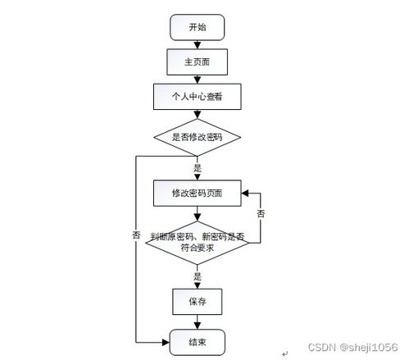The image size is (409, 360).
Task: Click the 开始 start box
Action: coord(197,27)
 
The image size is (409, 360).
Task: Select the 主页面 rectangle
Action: coord(197,62)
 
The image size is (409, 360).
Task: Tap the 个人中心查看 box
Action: coord(197,97)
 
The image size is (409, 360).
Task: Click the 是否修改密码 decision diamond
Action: coord(197,137)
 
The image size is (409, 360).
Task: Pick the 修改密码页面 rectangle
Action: coord(197,193)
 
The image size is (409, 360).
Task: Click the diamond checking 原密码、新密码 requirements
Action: coord(197,243)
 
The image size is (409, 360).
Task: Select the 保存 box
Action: coord(197,302)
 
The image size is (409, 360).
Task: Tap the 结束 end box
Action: coord(197,342)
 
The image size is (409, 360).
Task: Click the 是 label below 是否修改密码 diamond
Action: coord(198,168)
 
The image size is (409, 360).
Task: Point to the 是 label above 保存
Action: coord(198,276)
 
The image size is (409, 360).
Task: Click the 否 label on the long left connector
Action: coord(136,235)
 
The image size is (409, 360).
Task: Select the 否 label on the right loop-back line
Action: coord(261,213)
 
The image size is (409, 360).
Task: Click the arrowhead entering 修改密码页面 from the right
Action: coord(245,194)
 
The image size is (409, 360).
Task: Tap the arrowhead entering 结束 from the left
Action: coord(166,342)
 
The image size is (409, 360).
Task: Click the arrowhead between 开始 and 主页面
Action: coord(197,45)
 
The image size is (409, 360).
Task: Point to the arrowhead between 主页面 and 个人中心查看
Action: coord(197,80)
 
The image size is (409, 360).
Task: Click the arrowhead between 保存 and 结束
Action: coord(197,326)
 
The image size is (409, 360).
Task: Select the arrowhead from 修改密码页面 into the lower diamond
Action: coord(197,217)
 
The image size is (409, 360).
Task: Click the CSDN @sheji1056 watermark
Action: coord(352,348)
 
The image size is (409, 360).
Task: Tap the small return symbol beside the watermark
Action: coord(285,354)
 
